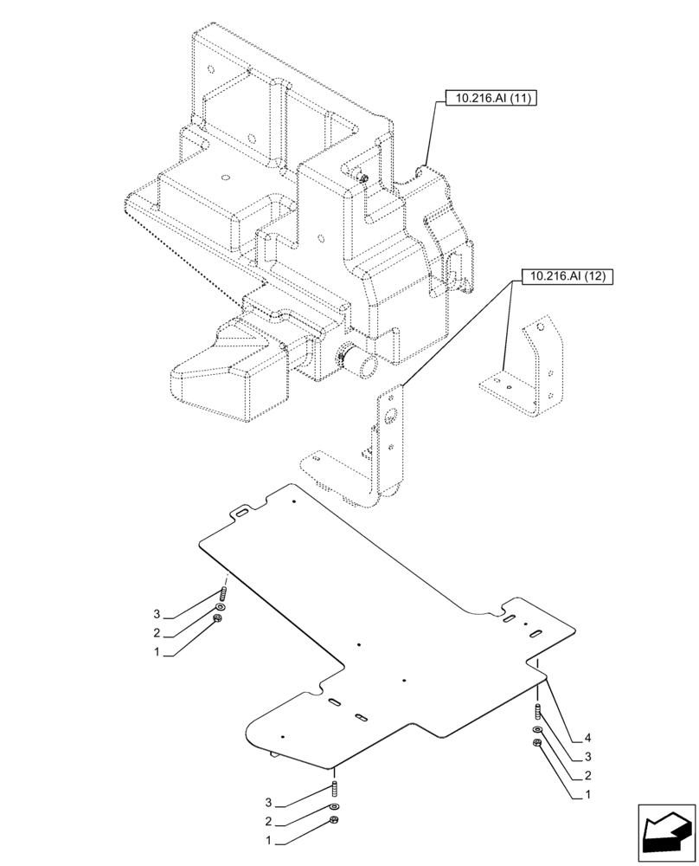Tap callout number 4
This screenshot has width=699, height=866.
[587, 738]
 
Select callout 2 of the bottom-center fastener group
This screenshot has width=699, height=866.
[269, 821]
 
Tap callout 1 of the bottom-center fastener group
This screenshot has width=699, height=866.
[269, 840]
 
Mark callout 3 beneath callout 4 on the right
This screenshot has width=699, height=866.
[587, 757]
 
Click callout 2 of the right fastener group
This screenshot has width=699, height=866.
[587, 776]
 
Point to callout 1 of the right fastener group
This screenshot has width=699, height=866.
[587, 795]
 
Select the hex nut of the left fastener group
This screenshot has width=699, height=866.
[217, 618]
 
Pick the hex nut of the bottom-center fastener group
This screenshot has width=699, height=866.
[335, 820]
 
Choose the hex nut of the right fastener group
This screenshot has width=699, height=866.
[538, 743]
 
